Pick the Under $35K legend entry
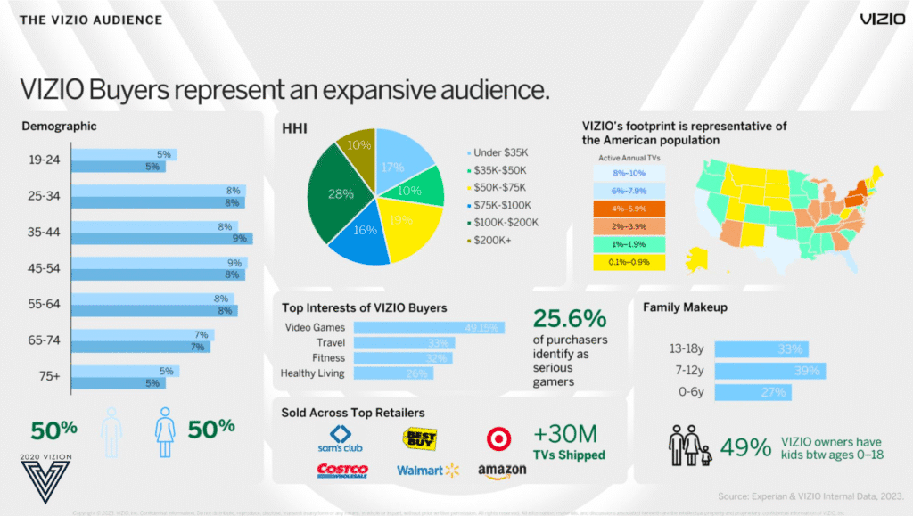(501, 152)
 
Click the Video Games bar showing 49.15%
(429, 327)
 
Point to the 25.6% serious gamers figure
(570, 318)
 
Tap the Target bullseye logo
(498, 438)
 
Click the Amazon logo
(502, 470)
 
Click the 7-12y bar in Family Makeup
(770, 370)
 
